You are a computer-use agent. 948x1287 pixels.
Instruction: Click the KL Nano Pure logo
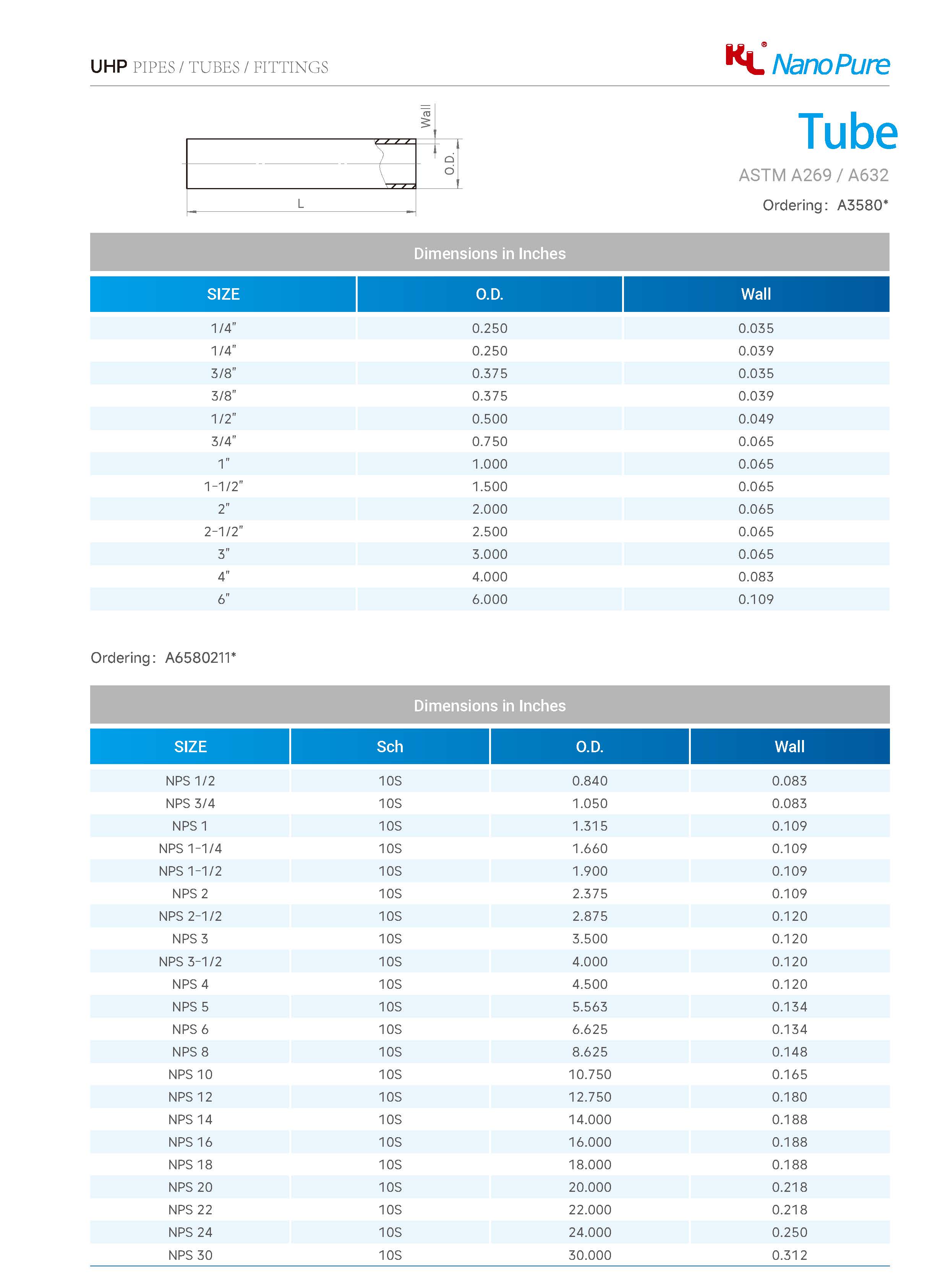pos(807,61)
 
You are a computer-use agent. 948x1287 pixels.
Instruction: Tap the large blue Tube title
pos(847,132)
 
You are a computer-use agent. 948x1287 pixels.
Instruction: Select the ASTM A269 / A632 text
pos(813,175)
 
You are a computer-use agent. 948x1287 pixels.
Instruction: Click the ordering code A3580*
pos(862,206)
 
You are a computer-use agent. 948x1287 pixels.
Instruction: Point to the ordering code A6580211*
pos(200,658)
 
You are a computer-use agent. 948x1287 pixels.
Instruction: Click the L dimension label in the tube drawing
pos(301,204)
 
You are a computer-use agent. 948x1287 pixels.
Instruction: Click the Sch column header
pos(390,747)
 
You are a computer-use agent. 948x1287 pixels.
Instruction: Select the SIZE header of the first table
pos(223,294)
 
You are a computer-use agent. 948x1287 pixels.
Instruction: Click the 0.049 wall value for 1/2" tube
pos(756,419)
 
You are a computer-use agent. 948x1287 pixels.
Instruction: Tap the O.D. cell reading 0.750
pos(489,441)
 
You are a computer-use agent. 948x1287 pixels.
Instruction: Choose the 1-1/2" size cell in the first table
pos(223,487)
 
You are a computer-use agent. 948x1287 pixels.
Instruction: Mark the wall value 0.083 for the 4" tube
pos(756,577)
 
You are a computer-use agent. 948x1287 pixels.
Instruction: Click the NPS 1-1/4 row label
pos(190,849)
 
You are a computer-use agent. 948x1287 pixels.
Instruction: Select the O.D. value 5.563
pos(589,1007)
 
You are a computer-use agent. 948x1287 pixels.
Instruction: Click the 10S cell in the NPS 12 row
pos(390,1097)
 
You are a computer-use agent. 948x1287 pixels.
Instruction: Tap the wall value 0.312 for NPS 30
pos(789,1255)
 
